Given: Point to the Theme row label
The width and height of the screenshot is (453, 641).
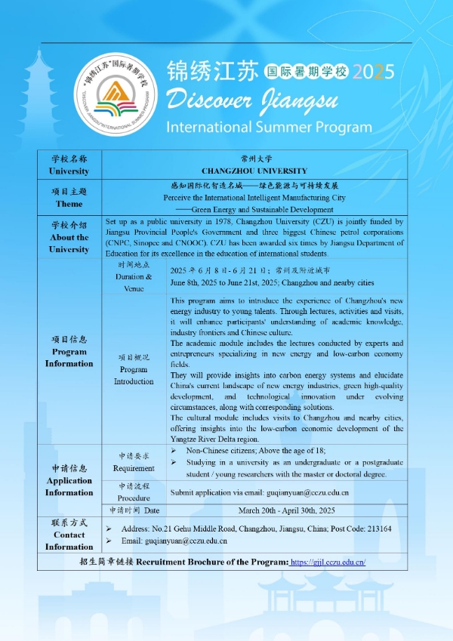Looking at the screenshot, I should click(69, 198).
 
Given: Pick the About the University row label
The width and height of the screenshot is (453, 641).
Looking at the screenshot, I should click(69, 237).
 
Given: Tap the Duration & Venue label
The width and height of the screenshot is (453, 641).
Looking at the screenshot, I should click(134, 277).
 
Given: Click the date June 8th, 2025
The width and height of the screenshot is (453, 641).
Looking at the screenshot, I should click(197, 282).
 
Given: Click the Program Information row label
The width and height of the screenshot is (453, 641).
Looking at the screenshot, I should click(69, 351).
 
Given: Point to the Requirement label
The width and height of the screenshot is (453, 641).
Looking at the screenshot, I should click(134, 462).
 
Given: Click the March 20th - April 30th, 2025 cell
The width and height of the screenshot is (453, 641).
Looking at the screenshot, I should click(287, 510).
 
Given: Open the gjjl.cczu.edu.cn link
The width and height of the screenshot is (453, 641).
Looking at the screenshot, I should click(328, 562).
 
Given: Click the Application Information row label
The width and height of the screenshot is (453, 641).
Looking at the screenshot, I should click(69, 480).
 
